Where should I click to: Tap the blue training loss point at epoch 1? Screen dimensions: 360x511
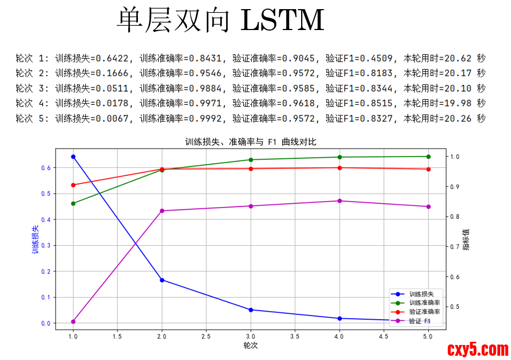(73, 157)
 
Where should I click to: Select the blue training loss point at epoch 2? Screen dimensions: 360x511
(162, 280)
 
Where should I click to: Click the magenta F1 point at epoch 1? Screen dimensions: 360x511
(73, 322)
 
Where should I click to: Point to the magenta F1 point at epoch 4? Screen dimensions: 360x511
(339, 201)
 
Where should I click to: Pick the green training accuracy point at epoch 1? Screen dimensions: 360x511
(73, 203)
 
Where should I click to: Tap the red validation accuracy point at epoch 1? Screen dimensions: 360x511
(73, 185)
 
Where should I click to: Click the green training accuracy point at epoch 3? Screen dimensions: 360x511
(251, 160)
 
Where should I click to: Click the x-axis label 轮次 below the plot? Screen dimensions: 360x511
(251, 346)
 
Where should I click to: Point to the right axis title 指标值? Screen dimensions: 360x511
(466, 239)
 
